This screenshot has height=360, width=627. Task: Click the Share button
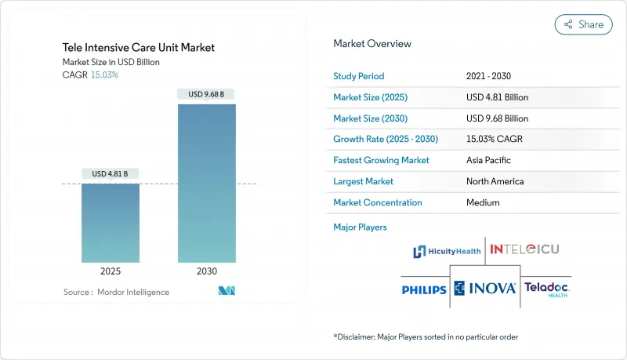584,24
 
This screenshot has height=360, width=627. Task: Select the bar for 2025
111,223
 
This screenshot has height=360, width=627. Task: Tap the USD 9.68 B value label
206,95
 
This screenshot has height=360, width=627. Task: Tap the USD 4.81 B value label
111,173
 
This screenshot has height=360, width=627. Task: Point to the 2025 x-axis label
111,271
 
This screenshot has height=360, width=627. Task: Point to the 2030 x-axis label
206,271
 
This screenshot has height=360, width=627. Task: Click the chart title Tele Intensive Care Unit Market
139,48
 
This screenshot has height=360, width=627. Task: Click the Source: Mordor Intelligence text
116,292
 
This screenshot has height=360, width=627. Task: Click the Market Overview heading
372,44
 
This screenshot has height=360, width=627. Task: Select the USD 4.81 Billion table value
497,97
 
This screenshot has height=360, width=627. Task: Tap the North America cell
495,181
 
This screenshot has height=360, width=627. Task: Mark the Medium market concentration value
483,202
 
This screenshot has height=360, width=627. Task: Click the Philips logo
423,289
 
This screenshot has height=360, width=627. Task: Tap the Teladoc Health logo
547,289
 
